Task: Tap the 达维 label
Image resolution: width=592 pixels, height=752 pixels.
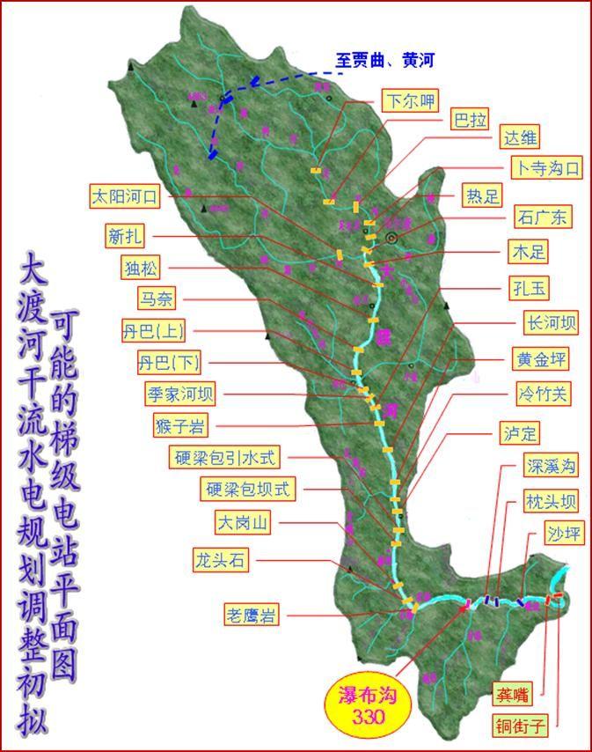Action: pyautogui.click(x=519, y=138)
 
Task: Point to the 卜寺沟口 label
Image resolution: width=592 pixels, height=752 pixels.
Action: pyautogui.click(x=545, y=168)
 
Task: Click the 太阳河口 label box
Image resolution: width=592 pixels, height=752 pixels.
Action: pyautogui.click(x=124, y=196)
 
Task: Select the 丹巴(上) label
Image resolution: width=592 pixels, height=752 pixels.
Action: pyautogui.click(x=154, y=332)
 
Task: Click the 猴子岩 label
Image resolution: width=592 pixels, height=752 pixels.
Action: pyautogui.click(x=180, y=427)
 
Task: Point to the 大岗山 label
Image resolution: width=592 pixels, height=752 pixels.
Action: pyautogui.click(x=242, y=522)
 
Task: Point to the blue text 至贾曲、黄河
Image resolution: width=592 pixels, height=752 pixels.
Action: pyautogui.click(x=384, y=60)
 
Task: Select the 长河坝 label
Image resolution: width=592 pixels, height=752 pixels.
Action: pyautogui.click(x=550, y=323)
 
